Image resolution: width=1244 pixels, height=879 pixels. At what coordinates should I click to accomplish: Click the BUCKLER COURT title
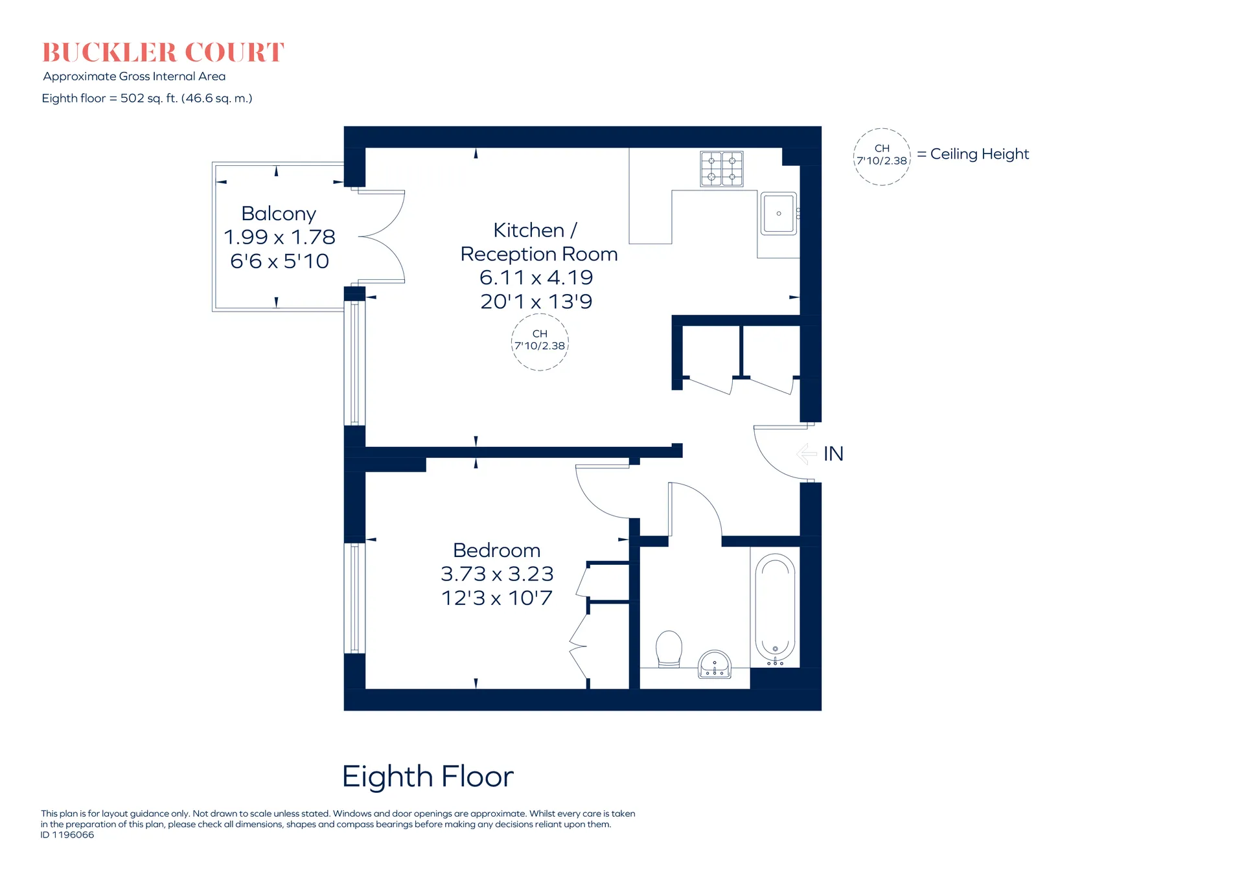click(163, 52)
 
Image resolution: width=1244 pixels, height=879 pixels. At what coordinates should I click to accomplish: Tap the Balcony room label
click(279, 214)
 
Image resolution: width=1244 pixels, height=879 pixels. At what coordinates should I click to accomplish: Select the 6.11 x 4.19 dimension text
click(536, 277)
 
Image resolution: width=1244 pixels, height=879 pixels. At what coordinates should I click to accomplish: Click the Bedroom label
click(497, 550)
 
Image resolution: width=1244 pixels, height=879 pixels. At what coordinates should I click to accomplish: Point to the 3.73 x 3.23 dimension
click(497, 574)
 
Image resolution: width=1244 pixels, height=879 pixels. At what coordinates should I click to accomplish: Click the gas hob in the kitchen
click(722, 169)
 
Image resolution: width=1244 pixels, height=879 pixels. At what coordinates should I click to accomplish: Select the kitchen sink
click(779, 213)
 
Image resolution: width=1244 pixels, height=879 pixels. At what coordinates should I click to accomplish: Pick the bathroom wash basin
click(715, 665)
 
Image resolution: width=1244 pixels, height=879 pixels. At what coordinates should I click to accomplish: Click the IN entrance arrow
click(807, 453)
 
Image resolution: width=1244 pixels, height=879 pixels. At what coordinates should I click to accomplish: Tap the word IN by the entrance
click(834, 454)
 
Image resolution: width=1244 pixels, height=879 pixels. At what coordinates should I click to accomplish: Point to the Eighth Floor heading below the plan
click(428, 776)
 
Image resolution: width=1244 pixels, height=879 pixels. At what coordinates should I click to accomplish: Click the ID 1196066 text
click(67, 835)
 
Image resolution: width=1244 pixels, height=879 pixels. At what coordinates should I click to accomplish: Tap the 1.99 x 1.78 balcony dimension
click(279, 237)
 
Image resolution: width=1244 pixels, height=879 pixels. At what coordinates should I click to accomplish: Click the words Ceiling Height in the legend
click(980, 154)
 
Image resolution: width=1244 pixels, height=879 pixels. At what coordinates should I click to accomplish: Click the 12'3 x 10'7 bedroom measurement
click(497, 598)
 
